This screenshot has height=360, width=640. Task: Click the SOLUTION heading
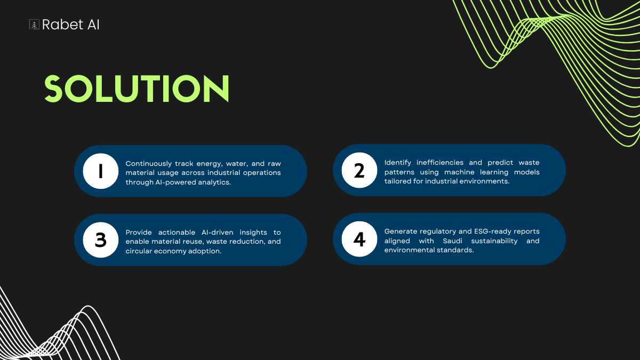137,89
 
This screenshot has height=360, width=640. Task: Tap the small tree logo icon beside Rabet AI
34,25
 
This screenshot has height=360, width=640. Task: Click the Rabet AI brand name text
70,25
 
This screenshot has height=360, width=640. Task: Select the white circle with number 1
101,171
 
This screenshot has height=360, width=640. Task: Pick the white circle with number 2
359,170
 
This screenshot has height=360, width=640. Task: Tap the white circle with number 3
101,240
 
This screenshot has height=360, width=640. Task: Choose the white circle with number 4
359,239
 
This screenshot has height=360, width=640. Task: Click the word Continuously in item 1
149,164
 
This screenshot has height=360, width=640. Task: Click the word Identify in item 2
398,163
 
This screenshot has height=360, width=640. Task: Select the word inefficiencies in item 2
440,163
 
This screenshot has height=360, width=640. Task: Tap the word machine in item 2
459,172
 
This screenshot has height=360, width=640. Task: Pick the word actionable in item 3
177,233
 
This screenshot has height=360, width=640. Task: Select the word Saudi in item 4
453,241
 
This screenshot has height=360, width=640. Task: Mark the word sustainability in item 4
494,241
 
